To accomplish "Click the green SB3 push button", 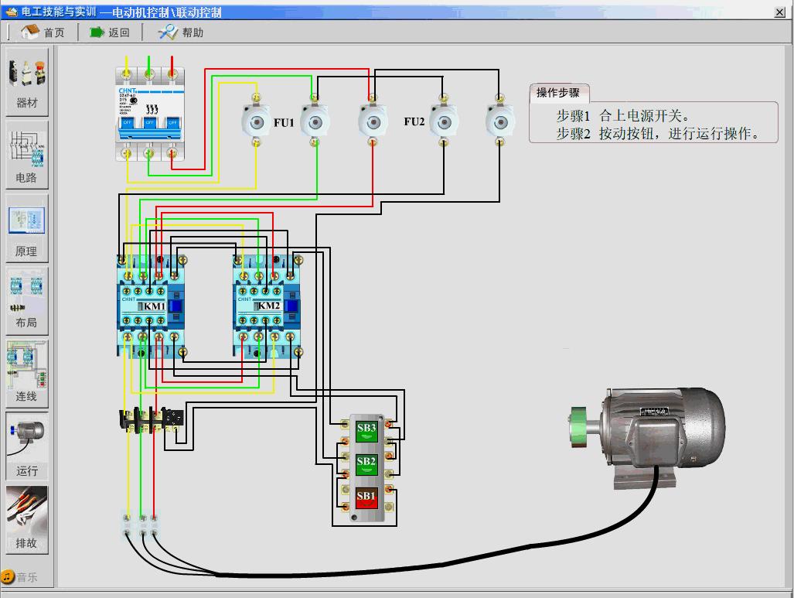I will (366, 430).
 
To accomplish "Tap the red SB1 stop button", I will (366, 497).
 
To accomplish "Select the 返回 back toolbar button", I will (109, 32).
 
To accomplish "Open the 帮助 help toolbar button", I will (181, 32).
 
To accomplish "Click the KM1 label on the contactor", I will (154, 306).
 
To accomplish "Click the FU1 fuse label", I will (284, 122).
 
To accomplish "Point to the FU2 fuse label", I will (414, 121).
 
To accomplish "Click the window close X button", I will (779, 12).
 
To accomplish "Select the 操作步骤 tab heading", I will (558, 93).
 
